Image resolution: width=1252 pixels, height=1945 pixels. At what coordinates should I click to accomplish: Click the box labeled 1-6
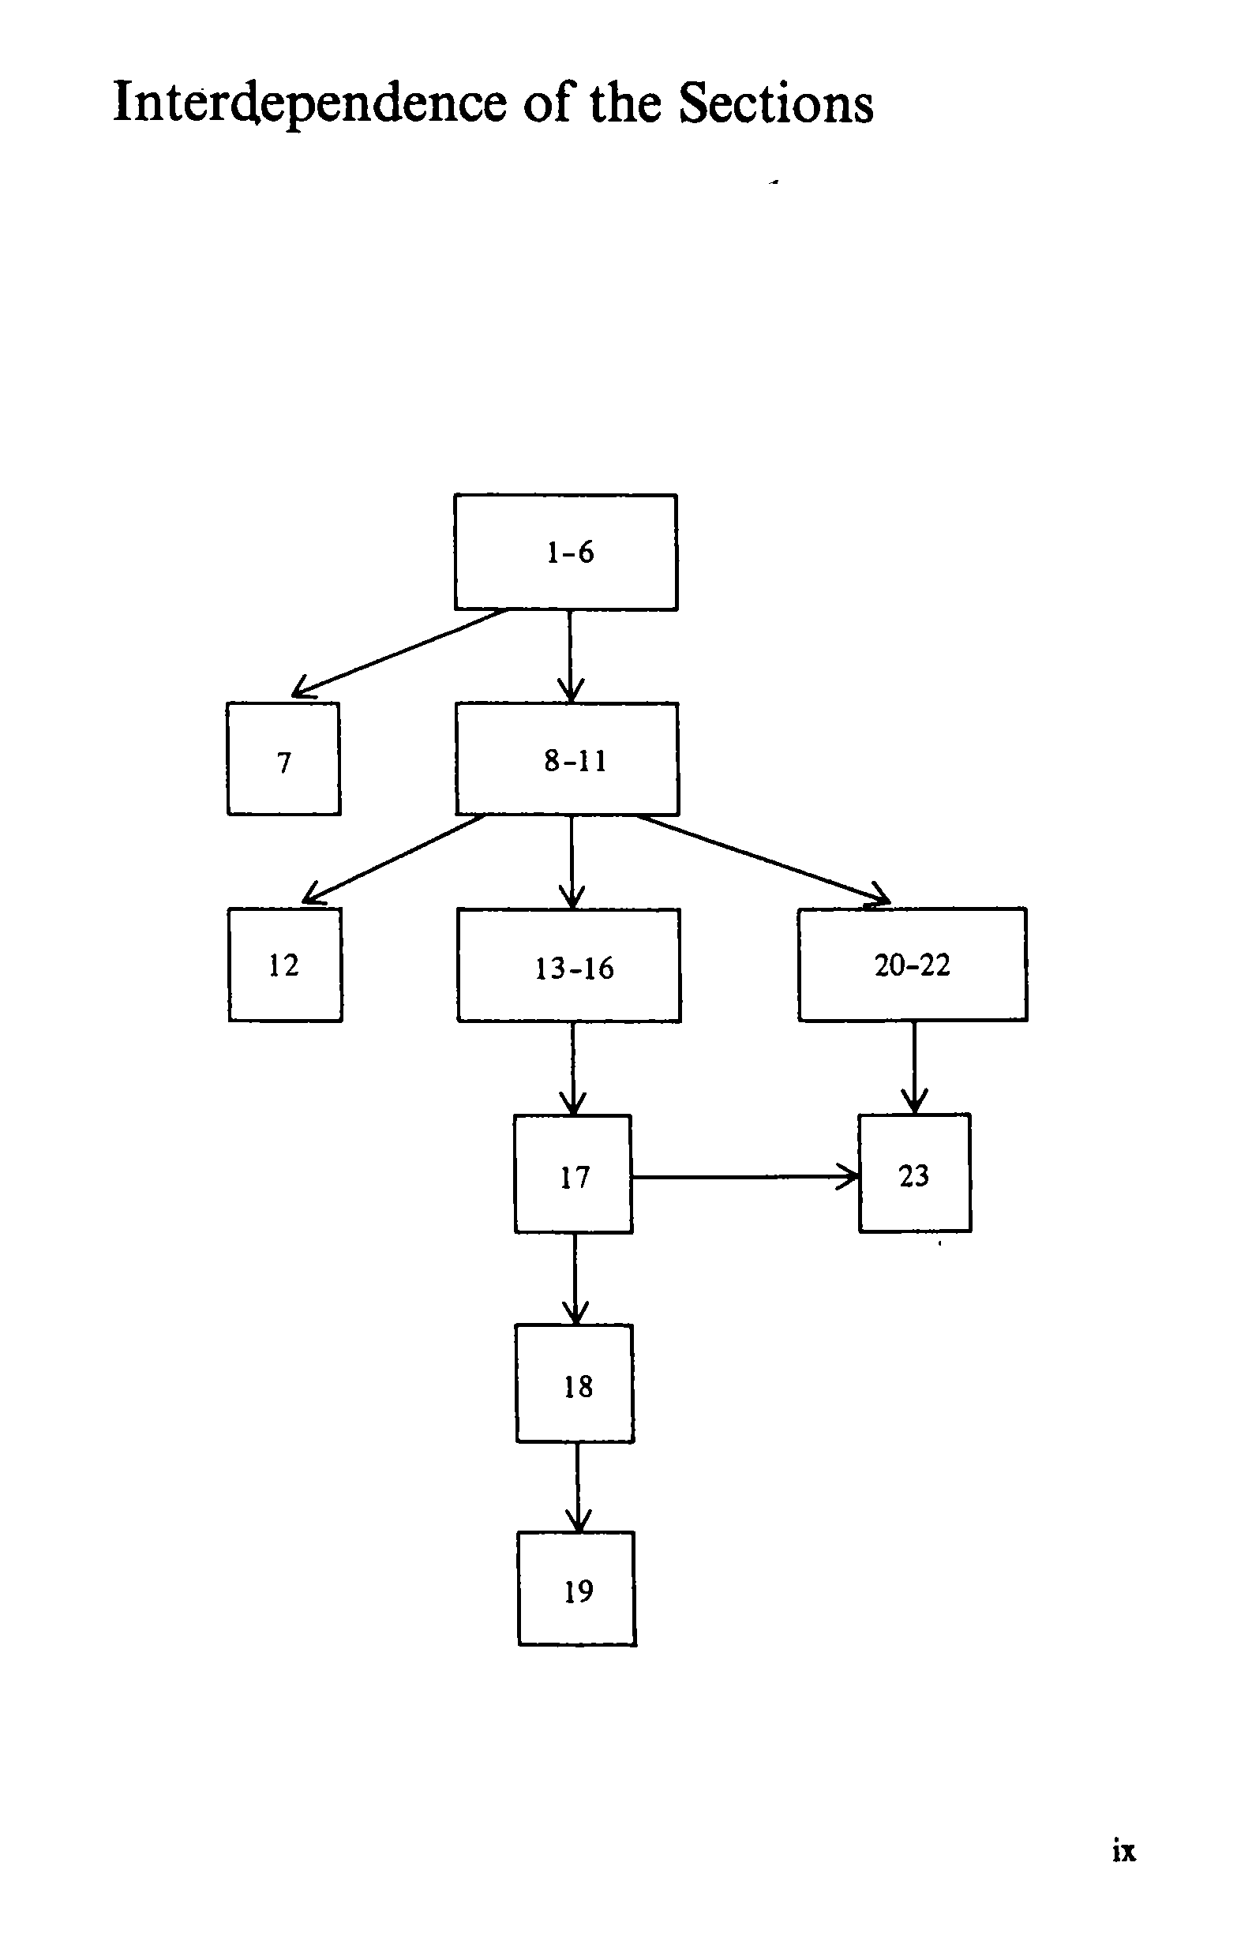(x=566, y=553)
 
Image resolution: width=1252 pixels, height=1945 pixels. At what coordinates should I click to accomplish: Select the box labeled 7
(x=283, y=759)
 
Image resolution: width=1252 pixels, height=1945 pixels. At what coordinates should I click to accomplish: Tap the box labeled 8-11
(x=568, y=759)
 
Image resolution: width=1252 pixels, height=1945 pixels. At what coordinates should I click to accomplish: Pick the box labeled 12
(x=285, y=965)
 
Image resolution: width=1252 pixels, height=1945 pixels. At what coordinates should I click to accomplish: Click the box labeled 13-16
(x=569, y=965)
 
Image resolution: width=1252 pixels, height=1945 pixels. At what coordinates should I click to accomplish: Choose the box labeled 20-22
(x=913, y=965)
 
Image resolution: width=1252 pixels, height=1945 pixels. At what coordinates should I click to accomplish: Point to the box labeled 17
(x=573, y=1175)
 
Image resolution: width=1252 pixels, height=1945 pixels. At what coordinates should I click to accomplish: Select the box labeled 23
(x=915, y=1174)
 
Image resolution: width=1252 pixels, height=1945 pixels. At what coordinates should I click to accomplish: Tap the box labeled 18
(x=575, y=1385)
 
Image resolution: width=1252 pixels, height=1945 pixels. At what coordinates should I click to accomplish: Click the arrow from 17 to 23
(x=744, y=1176)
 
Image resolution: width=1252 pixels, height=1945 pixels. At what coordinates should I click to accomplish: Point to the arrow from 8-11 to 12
(x=394, y=860)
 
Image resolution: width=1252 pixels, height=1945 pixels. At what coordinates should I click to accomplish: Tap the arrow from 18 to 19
(x=577, y=1486)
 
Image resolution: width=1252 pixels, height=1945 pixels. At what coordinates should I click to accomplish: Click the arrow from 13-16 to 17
(x=572, y=1068)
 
